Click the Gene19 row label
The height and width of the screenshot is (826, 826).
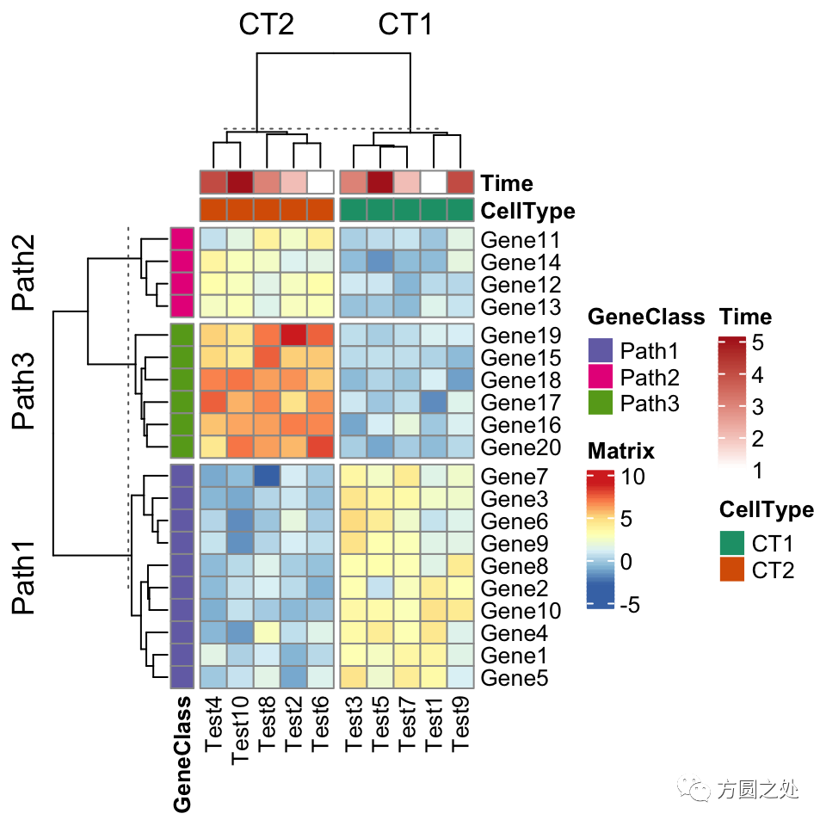pyautogui.click(x=521, y=336)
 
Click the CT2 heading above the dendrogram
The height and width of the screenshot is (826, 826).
pyautogui.click(x=267, y=26)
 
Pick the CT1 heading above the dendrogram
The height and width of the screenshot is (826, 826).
pyautogui.click(x=406, y=26)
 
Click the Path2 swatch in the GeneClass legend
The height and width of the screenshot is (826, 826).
pyautogui.click(x=600, y=377)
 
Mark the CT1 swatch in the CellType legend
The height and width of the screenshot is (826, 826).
pyautogui.click(x=733, y=544)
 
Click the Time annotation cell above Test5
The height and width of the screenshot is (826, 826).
pyautogui.click(x=379, y=182)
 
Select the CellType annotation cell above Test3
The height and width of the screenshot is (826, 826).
pyautogui.click(x=354, y=210)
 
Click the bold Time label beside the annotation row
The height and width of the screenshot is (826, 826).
pyautogui.click(x=508, y=183)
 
